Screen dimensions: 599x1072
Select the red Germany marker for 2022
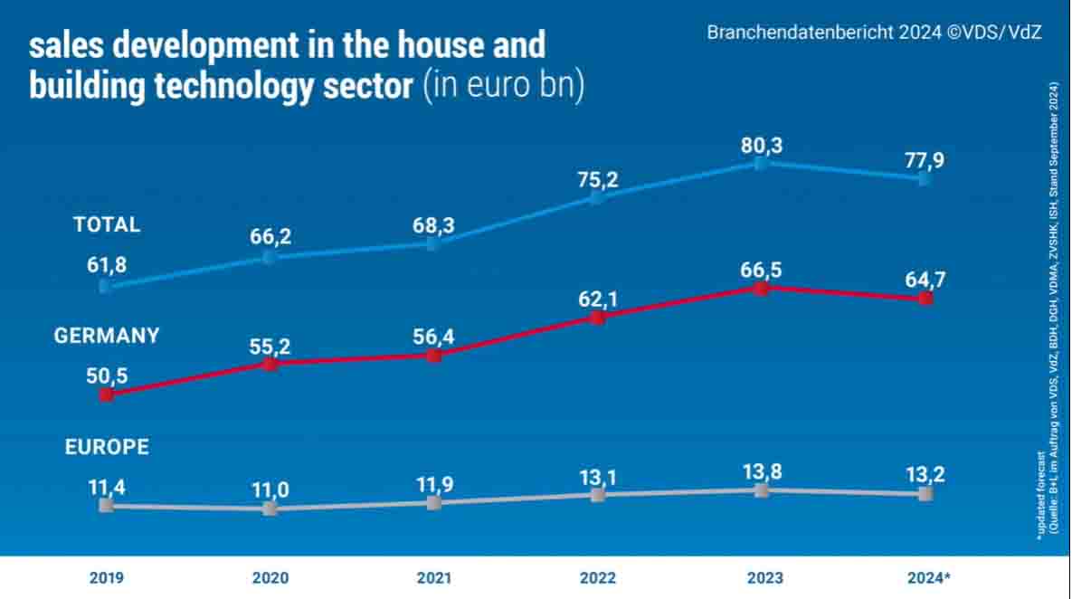coord(597,318)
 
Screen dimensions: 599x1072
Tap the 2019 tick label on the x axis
coord(107,577)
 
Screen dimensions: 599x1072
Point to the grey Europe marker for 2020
coord(270,509)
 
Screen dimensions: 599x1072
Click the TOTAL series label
coord(107,224)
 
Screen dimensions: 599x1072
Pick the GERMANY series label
coord(107,336)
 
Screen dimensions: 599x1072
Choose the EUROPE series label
coord(107,447)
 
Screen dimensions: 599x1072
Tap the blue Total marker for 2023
coord(762,164)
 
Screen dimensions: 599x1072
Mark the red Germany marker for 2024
coord(925,298)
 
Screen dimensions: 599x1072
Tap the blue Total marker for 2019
coord(106,286)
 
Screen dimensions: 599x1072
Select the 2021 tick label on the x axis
coord(434,577)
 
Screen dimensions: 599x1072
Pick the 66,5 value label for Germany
coord(762,269)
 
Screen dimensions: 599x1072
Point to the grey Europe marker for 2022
coord(597,494)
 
